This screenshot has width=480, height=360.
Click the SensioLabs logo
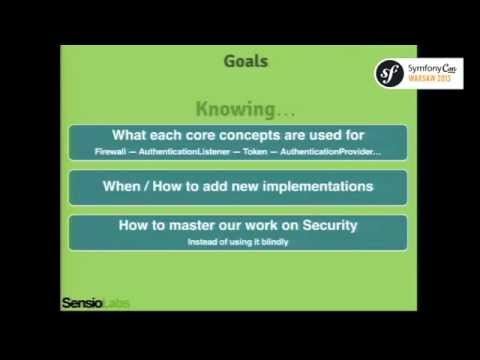tap(96, 301)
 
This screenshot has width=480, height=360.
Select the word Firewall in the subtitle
tap(96, 151)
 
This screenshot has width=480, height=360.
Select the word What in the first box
tap(133, 136)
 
